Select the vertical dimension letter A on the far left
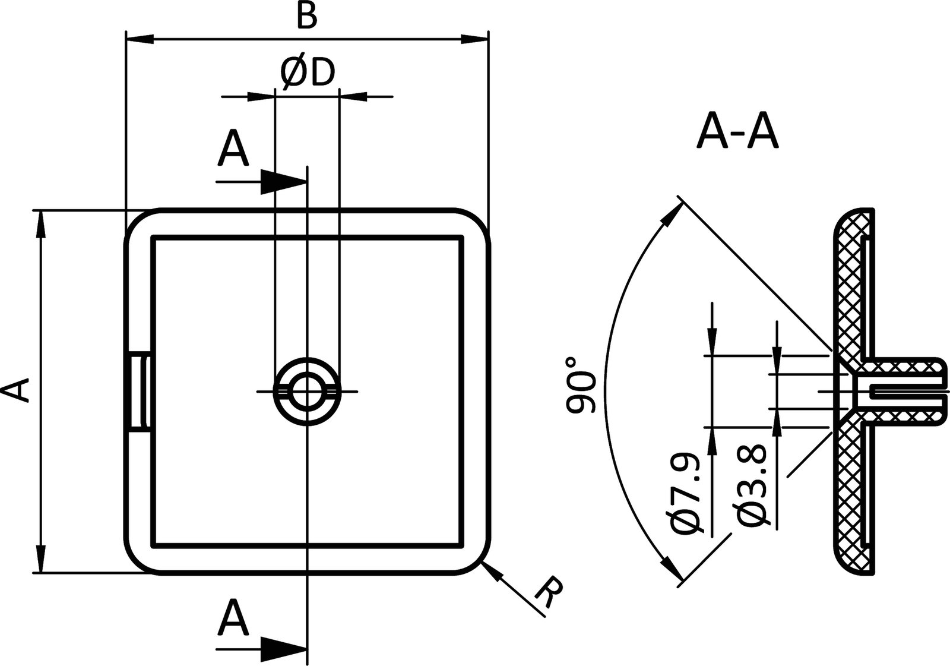[x=16, y=391]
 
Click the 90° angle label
[x=581, y=385]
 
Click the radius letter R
[x=548, y=593]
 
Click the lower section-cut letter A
[x=233, y=618]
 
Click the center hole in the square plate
[x=307, y=391]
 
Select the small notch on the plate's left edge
[x=140, y=391]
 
